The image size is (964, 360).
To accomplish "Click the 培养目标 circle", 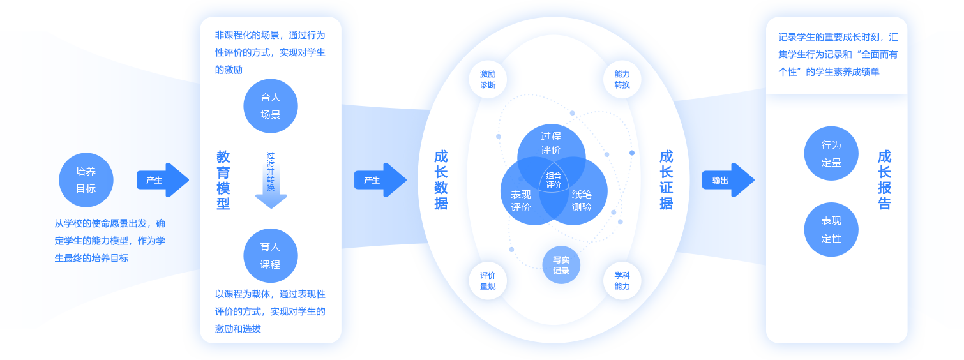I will coord(86,180).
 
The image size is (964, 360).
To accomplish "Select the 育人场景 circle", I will coord(271,106).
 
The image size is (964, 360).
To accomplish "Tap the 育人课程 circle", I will coord(271,255).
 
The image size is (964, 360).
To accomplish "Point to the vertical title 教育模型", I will coord(223,180).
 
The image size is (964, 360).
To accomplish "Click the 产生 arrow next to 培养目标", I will coord(162,180).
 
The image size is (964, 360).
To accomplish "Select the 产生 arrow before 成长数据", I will coord(380,180).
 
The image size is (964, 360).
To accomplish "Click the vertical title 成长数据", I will coord(441,180).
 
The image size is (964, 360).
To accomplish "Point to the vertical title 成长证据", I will coord(666,180).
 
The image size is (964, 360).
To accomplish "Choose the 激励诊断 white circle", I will coord(488,79).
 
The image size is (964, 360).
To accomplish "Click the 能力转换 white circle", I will coord(622,79).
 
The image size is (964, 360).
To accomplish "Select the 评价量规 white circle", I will coord(488,281).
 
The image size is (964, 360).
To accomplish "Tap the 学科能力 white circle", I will coord(622,281).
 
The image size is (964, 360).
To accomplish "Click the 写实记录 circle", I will coord(561,265).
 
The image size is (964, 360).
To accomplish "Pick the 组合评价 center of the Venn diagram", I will coord(554,180).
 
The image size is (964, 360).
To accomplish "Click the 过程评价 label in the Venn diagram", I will coord(551,142).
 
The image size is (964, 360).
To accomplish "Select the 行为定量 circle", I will coord(831,153).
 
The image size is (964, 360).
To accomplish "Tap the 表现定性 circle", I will coord(831,230).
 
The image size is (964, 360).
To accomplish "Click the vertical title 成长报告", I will coord(884,180).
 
